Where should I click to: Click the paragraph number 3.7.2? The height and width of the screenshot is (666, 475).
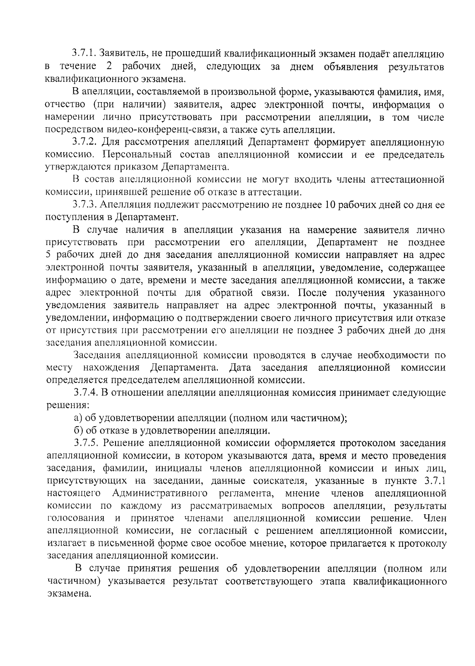[85, 142]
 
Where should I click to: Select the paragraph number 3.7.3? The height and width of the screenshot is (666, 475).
[85, 205]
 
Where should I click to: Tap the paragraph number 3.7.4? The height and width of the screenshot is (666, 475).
[87, 393]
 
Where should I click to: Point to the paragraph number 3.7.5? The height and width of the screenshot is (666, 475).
[87, 443]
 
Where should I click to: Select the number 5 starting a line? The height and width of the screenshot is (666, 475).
[49, 255]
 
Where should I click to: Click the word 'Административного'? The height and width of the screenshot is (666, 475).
[160, 493]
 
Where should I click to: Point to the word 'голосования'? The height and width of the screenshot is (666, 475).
[76, 518]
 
